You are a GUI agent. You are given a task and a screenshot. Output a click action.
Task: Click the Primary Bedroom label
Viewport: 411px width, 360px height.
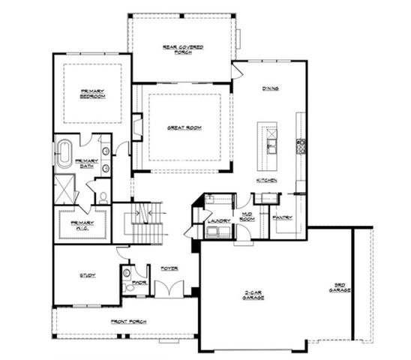pyautogui.click(x=92, y=94)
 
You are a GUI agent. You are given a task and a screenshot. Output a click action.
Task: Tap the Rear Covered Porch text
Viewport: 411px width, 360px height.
pyautogui.click(x=183, y=49)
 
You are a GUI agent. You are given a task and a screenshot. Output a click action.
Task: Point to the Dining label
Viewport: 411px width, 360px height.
pyautogui.click(x=271, y=88)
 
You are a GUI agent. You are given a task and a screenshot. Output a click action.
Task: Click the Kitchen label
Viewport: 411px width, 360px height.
pyautogui.click(x=267, y=181)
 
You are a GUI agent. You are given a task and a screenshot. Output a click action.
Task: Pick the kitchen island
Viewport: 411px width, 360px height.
pyautogui.click(x=268, y=139)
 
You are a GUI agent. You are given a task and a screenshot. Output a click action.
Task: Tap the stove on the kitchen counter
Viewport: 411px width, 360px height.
pyautogui.click(x=301, y=145)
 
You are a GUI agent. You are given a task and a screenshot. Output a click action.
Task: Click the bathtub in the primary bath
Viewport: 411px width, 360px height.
pyautogui.click(x=61, y=154)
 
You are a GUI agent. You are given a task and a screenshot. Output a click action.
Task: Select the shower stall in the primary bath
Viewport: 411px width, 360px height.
pyautogui.click(x=65, y=187)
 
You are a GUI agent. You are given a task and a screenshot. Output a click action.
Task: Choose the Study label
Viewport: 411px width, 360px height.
pyautogui.click(x=87, y=275)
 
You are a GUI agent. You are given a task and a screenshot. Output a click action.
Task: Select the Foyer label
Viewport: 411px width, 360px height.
pyautogui.click(x=169, y=268)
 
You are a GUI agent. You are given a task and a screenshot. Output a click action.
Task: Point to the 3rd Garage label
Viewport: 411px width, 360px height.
pyautogui.click(x=338, y=287)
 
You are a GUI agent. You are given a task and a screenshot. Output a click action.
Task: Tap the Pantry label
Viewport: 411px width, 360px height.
pyautogui.click(x=283, y=217)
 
